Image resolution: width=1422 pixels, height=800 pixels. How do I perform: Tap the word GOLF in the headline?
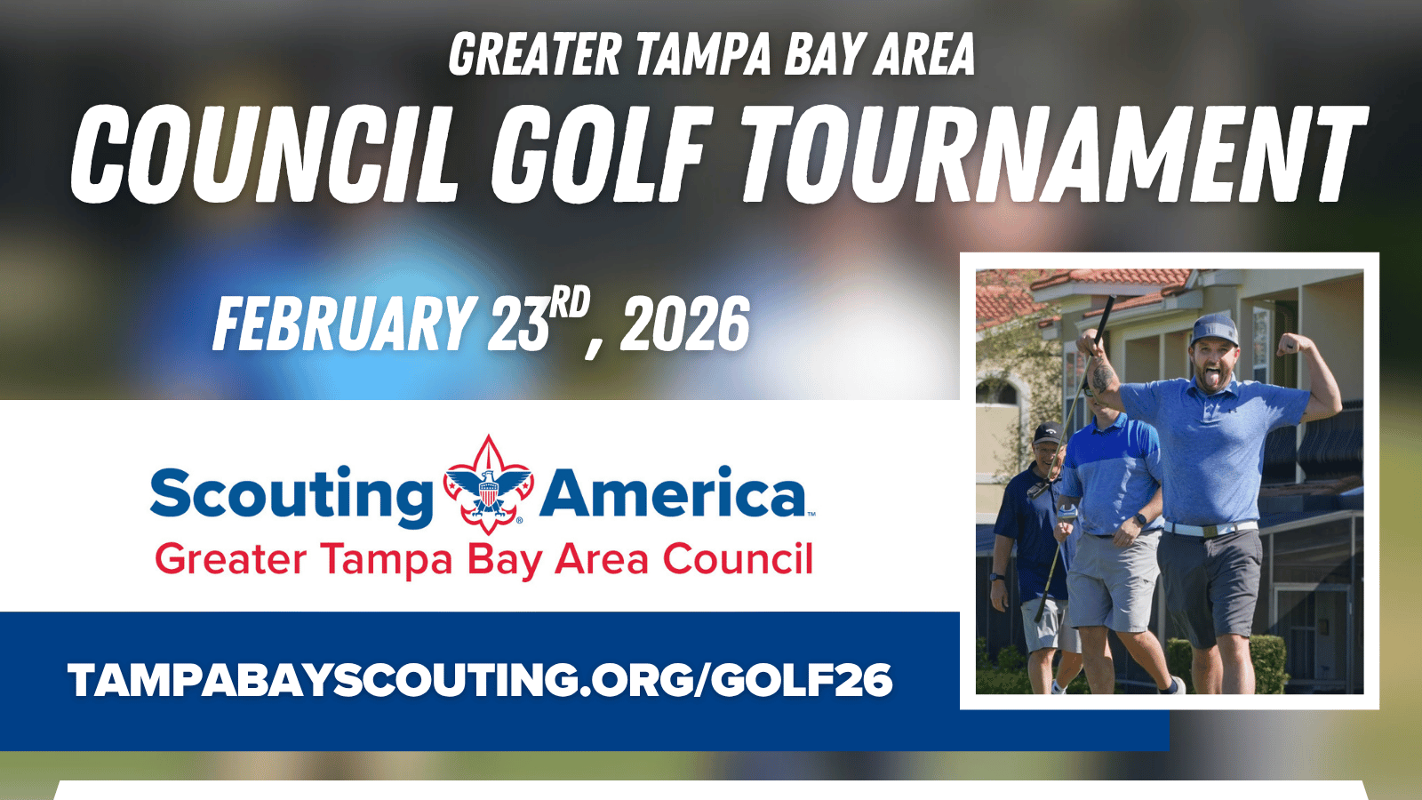(597, 155)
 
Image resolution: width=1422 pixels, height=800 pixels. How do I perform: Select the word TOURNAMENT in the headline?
(1054, 155)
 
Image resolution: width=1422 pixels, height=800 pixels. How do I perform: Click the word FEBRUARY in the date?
(345, 324)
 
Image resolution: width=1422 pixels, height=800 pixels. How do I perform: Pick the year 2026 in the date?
(685, 324)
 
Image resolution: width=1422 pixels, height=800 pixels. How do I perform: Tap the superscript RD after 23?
(570, 302)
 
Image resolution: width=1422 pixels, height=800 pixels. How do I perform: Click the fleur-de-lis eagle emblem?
(488, 484)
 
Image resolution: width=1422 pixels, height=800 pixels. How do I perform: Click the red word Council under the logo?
(738, 559)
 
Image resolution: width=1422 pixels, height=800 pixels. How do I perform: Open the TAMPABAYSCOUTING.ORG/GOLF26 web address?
(480, 680)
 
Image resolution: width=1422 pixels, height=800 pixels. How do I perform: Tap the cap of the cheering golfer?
(1214, 330)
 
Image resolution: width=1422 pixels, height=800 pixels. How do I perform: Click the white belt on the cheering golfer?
(1210, 528)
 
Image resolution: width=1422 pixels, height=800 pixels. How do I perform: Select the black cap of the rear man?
(1047, 433)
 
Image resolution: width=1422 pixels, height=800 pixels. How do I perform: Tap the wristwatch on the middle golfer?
(1141, 519)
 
